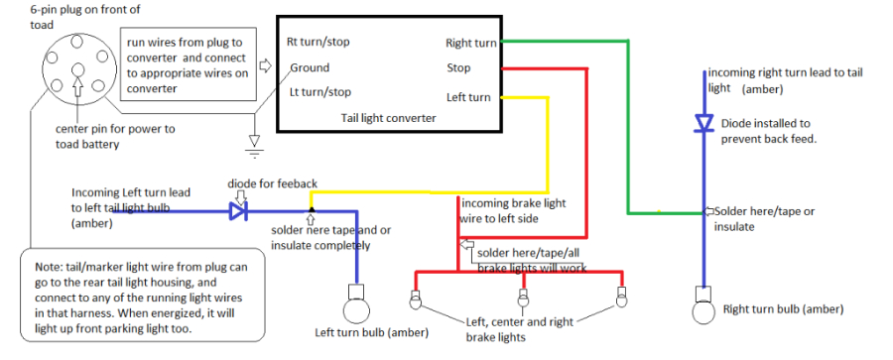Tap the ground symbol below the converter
254,148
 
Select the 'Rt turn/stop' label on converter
318,42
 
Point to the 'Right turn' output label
471,43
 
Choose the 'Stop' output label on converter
458,68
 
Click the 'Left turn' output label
468,97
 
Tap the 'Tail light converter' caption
382,116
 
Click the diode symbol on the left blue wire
237,210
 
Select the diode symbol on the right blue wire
704,123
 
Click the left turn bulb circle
353,300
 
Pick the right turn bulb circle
704,308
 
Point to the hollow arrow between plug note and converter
265,66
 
